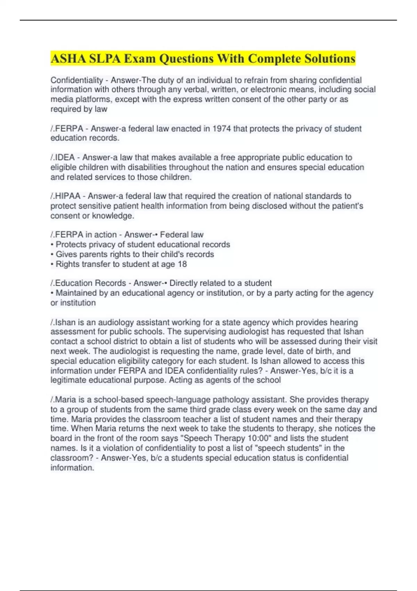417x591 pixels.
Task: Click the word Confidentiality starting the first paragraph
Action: (77, 80)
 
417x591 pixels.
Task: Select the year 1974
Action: (221, 129)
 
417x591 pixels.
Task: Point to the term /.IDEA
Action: (63, 157)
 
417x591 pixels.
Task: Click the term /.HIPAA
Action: (65, 196)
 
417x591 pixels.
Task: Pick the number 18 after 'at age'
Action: (182, 264)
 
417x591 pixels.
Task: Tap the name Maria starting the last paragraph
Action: (65, 400)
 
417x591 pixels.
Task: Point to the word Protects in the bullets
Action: (71, 245)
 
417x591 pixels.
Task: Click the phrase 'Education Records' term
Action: (90, 283)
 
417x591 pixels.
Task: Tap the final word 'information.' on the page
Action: (72, 468)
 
